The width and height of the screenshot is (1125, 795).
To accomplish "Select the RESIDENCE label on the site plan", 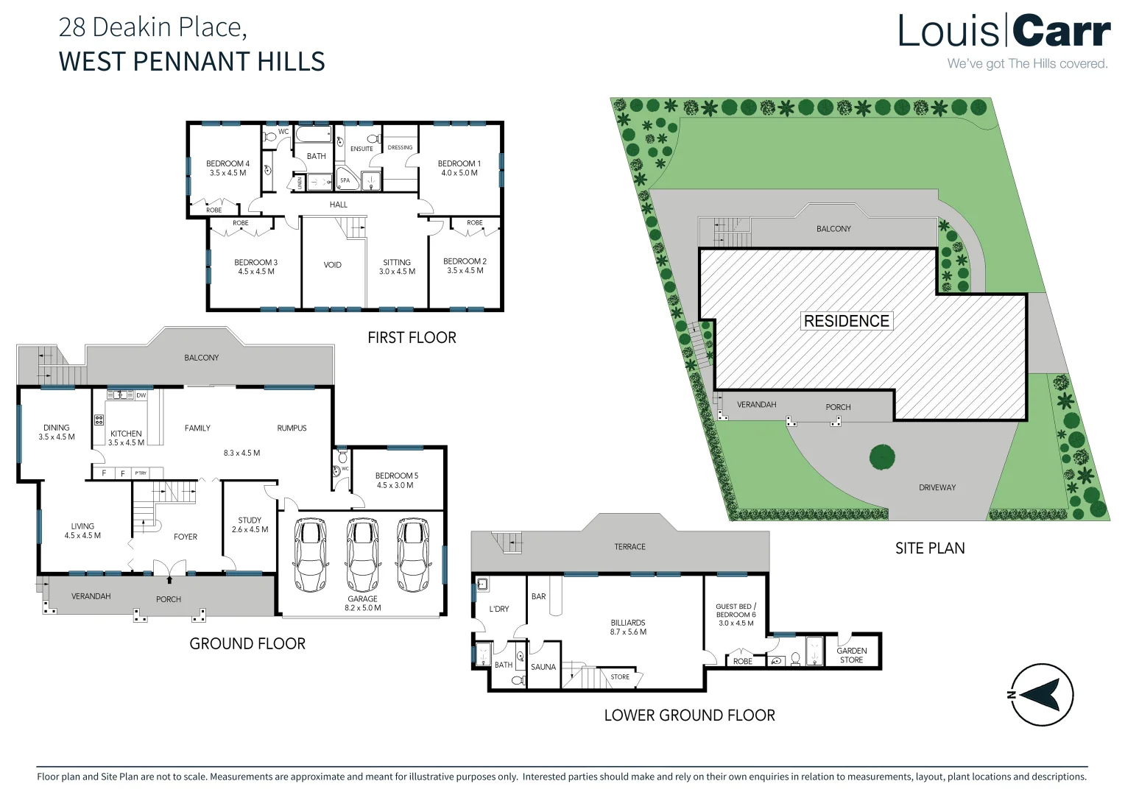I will point(846,321).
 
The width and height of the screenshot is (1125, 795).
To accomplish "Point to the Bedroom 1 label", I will point(459,169).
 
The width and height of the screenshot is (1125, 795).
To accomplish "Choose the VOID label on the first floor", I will point(332,265).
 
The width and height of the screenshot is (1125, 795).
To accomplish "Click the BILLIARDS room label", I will point(627,627).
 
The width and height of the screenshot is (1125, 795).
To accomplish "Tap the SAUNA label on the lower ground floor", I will point(543,668).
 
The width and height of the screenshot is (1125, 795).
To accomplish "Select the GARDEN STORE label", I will point(851,655).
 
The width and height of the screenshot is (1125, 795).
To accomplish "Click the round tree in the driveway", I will point(881,457).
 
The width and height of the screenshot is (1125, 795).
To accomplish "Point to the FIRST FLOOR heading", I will point(412,338).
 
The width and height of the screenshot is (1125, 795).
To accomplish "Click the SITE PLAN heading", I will point(929,548).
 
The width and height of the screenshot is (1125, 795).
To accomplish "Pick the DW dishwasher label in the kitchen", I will point(141,396).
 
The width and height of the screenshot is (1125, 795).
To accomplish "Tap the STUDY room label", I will point(250,525).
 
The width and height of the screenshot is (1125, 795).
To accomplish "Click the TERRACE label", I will point(629,547).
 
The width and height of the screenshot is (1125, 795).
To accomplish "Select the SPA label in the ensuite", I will point(345,180).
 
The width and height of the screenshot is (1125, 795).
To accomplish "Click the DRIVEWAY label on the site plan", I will point(937,487).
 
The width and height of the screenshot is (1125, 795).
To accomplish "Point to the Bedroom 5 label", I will point(396,480).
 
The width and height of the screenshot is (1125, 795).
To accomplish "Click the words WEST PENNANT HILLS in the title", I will point(191,62).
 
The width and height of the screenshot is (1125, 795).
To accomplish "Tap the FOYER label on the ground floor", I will point(186,537).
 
